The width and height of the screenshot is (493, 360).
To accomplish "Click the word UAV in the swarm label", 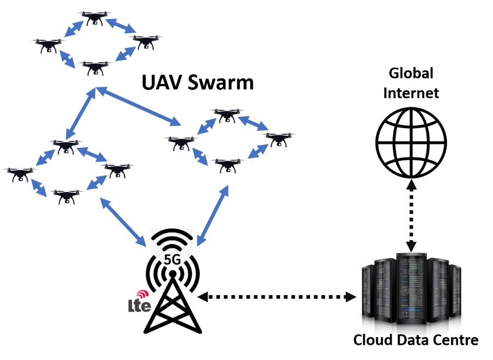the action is [x=161, y=82].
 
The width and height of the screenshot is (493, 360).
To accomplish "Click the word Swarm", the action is [x=221, y=82].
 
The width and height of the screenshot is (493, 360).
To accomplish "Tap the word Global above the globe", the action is [x=411, y=73].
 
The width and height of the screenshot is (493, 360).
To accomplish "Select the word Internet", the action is [x=411, y=93].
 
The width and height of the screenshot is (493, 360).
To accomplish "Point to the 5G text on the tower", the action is [x=173, y=260].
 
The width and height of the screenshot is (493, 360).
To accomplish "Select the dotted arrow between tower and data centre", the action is [x=277, y=297].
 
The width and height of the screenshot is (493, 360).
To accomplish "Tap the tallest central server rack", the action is [x=412, y=289].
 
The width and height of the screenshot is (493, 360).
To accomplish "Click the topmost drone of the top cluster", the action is [x=94, y=18].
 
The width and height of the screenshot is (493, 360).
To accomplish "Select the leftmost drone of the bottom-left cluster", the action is [x=20, y=175].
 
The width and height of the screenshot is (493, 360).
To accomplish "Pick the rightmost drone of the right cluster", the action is [x=278, y=140].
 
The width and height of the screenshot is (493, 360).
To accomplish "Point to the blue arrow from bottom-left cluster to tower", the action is [x=123, y=222].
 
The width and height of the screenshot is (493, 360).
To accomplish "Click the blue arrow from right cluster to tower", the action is [x=212, y=215].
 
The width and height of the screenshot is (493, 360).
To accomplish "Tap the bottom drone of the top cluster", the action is [x=95, y=68].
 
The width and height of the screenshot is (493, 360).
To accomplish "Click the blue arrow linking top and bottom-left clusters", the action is [x=80, y=113].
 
